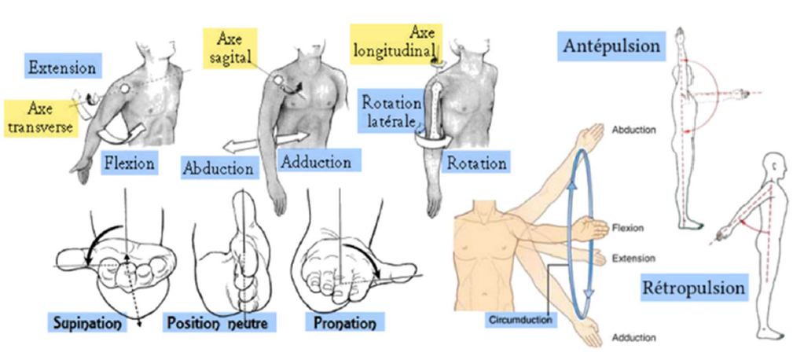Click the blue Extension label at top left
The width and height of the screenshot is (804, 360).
(x=62, y=68)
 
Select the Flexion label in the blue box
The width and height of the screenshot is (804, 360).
(x=130, y=163)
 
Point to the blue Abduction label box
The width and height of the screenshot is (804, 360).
(x=219, y=167)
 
